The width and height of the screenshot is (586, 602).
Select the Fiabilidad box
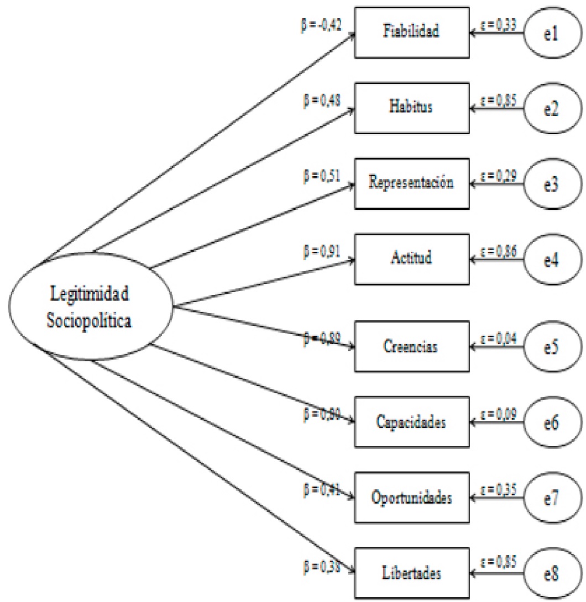pyautogui.click(x=411, y=32)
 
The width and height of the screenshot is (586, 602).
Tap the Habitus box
pyautogui.click(x=411, y=108)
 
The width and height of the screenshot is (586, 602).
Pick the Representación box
pyautogui.click(x=411, y=183)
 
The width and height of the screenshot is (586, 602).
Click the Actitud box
pyautogui.click(x=411, y=258)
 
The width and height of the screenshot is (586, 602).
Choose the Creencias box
pyautogui.click(x=411, y=348)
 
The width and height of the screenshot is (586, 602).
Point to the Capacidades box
pyautogui.click(x=411, y=423)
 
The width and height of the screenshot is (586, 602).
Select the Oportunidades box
pyautogui.click(x=411, y=498)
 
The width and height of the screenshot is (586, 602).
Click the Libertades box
pyautogui.click(x=411, y=573)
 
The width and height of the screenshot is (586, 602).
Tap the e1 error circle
pyautogui.click(x=553, y=33)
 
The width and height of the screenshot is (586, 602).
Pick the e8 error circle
pyautogui.click(x=553, y=574)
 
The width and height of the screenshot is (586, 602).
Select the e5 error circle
pyautogui.click(x=553, y=348)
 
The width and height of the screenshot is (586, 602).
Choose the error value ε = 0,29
pyautogui.click(x=499, y=173)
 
